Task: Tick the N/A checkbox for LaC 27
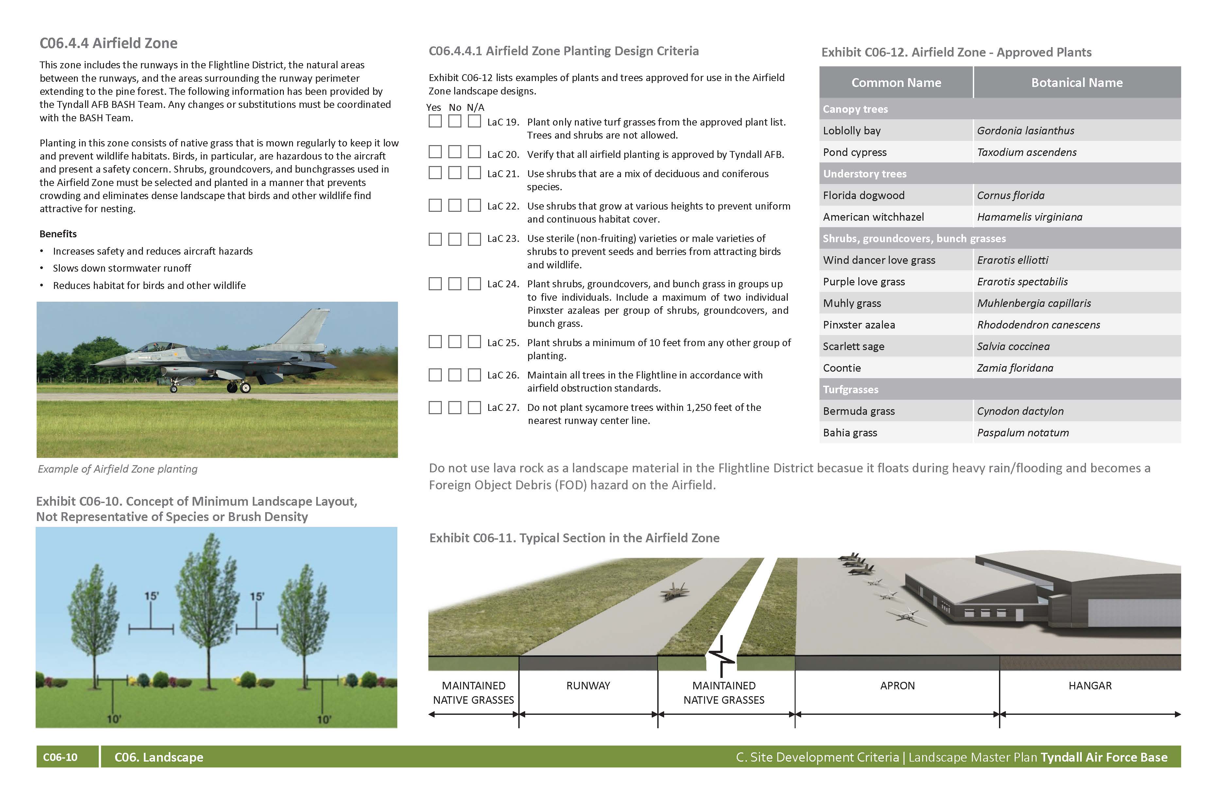(x=474, y=407)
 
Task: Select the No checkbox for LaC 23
(x=454, y=239)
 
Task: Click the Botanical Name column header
(x=1077, y=83)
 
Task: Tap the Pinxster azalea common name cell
(x=859, y=325)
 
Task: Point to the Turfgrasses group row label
(x=851, y=389)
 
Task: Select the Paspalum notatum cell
(x=1023, y=432)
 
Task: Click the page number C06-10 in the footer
(x=60, y=757)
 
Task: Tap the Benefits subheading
(x=58, y=234)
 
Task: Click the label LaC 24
(x=503, y=284)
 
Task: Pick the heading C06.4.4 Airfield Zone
(x=109, y=43)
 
